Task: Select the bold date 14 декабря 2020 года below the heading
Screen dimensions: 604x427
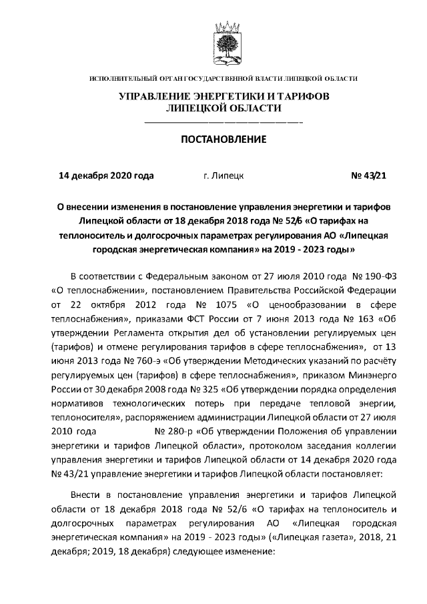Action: (107, 176)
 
